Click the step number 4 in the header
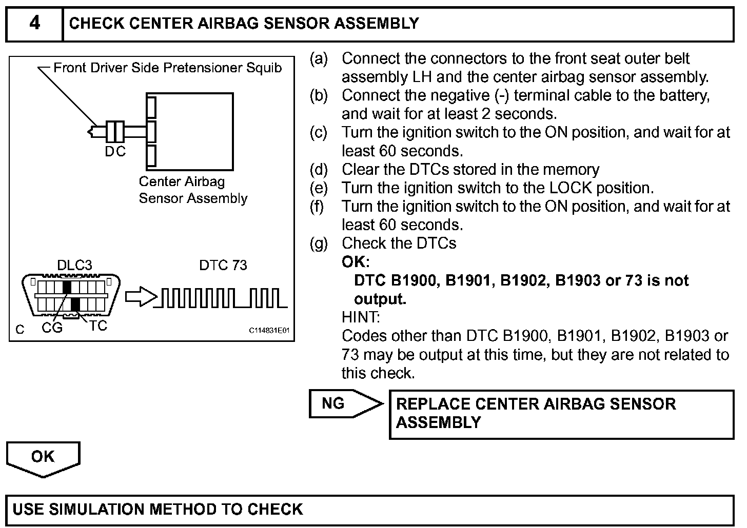pos(34,23)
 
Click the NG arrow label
pos(333,403)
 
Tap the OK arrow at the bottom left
pos(43,457)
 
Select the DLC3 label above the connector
pos(74,265)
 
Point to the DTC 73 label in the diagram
pos(223,265)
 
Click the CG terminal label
pos(52,328)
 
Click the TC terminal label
pos(98,326)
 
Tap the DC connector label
pos(115,152)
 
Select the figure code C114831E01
pos(269,331)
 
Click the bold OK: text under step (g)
pos(356,262)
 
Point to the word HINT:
pos(361,317)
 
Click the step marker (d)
pos(319,170)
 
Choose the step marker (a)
pos(319,59)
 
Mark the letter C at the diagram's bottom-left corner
pos(19,330)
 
